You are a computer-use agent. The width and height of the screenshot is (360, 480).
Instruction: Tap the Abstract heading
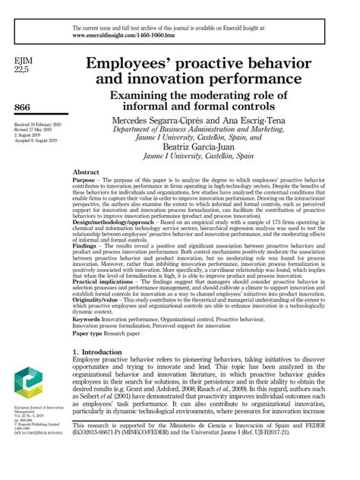point(86,172)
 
